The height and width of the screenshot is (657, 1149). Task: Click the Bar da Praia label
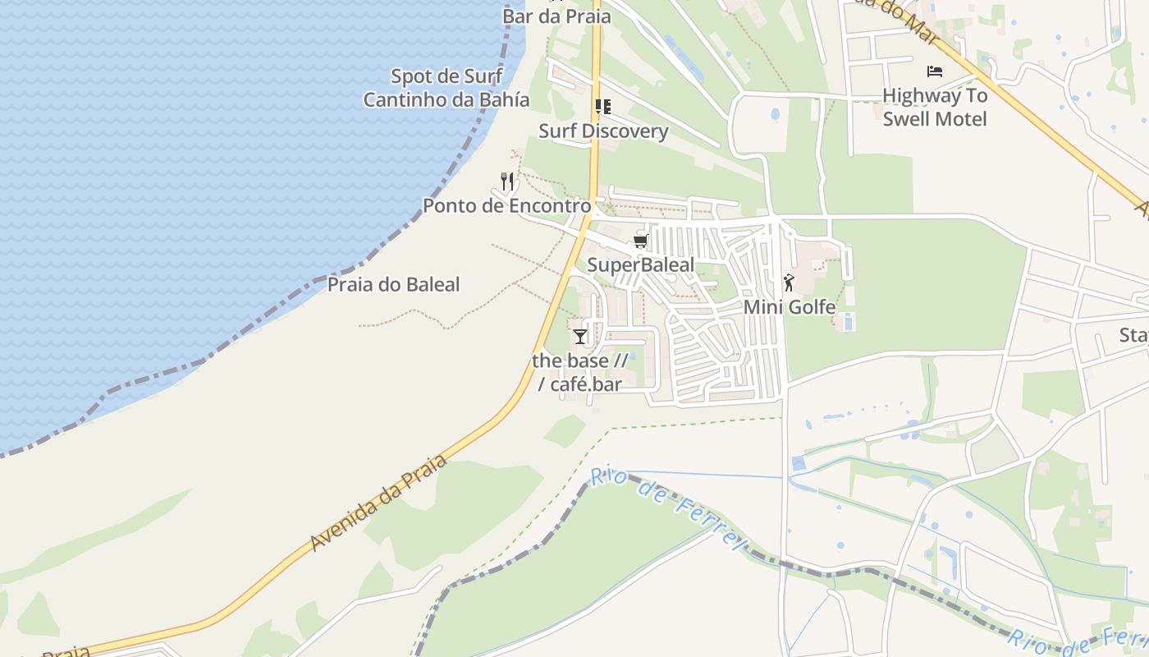pyautogui.click(x=556, y=16)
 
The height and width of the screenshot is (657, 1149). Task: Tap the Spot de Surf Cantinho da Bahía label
pyautogui.click(x=446, y=88)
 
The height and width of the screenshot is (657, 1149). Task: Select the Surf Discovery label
pyautogui.click(x=603, y=131)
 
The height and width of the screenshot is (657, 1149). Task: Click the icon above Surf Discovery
pyautogui.click(x=603, y=107)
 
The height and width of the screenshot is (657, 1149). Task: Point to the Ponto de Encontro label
pyautogui.click(x=506, y=205)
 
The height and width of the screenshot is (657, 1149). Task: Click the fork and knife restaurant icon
pyautogui.click(x=508, y=181)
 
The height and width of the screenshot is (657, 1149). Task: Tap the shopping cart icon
pyautogui.click(x=640, y=241)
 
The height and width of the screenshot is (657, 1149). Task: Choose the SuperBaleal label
pyautogui.click(x=640, y=264)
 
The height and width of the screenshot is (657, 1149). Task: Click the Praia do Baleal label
pyautogui.click(x=393, y=285)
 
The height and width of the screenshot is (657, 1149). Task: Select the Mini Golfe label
pyautogui.click(x=790, y=307)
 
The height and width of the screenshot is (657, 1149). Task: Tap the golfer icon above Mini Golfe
pyautogui.click(x=789, y=283)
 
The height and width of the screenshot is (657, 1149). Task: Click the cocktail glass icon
pyautogui.click(x=580, y=336)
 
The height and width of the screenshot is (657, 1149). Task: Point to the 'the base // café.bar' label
pyautogui.click(x=579, y=372)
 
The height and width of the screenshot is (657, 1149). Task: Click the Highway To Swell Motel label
pyautogui.click(x=935, y=107)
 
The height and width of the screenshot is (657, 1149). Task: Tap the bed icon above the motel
pyautogui.click(x=934, y=71)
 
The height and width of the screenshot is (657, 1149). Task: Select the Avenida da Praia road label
pyautogui.click(x=379, y=503)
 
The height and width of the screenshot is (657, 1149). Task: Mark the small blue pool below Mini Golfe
pyautogui.click(x=849, y=321)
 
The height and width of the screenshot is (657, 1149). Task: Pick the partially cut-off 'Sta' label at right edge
pyautogui.click(x=1133, y=335)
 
